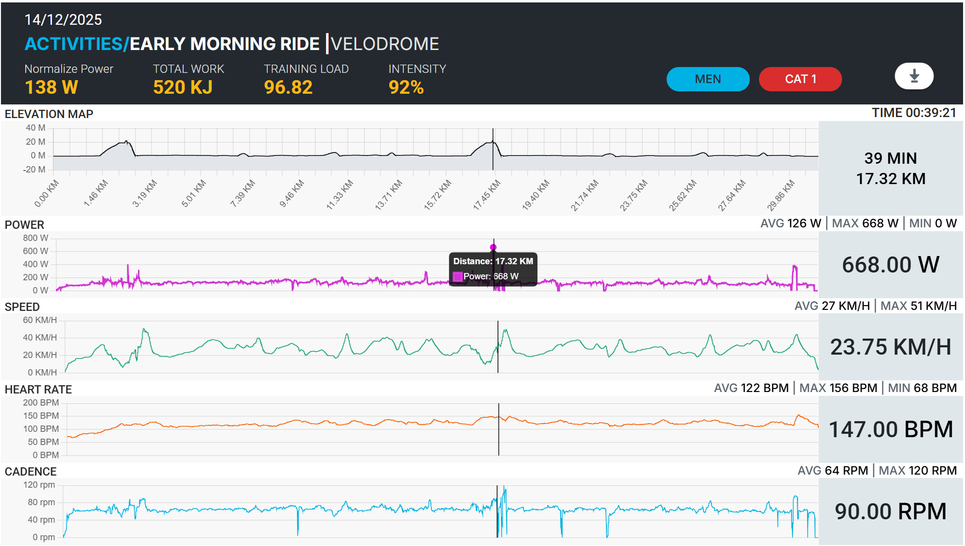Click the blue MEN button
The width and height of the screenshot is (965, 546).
click(708, 79)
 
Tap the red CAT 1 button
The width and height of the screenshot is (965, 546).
click(800, 79)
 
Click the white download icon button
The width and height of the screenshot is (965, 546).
click(914, 76)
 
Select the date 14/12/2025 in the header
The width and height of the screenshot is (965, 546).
click(63, 19)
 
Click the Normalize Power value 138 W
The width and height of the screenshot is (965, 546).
click(52, 87)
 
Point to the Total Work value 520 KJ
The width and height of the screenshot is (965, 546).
click(183, 87)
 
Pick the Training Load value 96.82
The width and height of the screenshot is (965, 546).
click(288, 87)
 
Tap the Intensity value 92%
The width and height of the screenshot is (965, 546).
click(406, 87)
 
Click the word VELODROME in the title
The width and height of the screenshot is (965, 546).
click(385, 44)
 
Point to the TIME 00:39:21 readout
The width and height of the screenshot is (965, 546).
click(914, 113)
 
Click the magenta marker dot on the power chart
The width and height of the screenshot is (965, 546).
click(493, 247)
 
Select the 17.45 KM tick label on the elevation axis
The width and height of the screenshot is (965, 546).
click(486, 195)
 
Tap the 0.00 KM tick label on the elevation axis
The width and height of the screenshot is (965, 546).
click(47, 193)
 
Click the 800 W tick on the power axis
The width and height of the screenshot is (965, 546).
click(35, 238)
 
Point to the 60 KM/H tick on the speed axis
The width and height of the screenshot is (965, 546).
click(40, 320)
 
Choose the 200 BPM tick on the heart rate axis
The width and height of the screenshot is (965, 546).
click(41, 403)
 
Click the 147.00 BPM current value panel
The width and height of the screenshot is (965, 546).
click(891, 429)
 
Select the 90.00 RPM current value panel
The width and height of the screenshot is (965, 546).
click(891, 512)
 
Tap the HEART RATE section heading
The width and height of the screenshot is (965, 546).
click(38, 389)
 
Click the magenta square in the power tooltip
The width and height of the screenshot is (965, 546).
click(458, 276)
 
